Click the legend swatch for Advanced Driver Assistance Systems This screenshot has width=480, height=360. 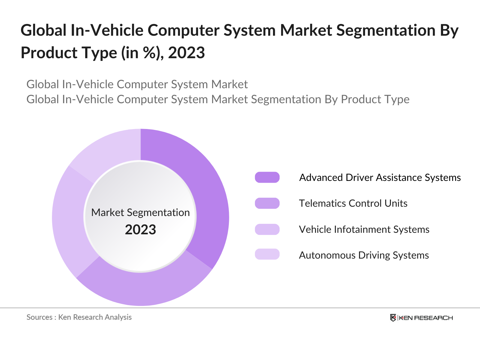[267, 177]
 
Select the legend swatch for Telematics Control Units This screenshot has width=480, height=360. [267, 203]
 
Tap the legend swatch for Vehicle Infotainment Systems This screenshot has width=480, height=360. [267, 229]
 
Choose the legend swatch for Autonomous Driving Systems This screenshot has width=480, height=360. [267, 254]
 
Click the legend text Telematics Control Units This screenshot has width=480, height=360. [353, 203]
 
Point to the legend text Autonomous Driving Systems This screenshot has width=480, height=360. [364, 255]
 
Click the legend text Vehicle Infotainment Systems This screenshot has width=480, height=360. [364, 229]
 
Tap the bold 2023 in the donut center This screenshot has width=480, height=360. [140, 230]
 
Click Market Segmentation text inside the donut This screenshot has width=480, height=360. [140, 212]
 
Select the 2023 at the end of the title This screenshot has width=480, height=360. [186, 53]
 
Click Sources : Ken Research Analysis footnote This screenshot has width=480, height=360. [79, 317]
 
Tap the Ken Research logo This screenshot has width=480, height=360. [421, 318]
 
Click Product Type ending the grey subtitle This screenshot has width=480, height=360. [375, 99]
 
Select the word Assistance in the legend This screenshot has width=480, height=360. [399, 178]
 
